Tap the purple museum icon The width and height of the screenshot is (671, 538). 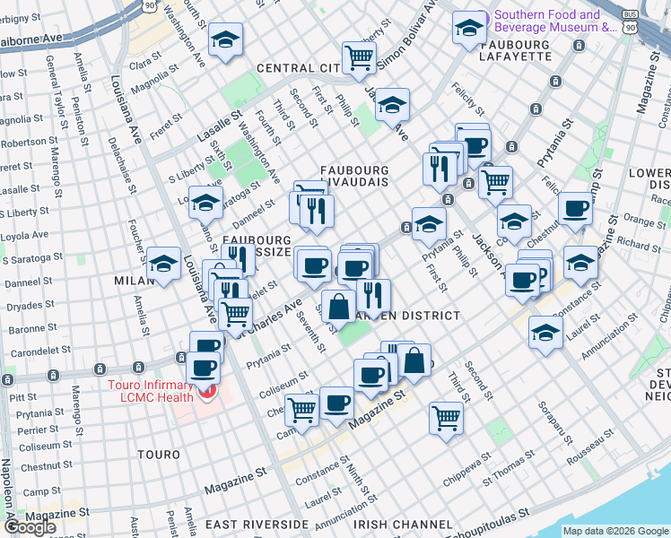pyautogui.click(x=482, y=15)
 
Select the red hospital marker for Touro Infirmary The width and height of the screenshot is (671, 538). pyautogui.click(x=208, y=393)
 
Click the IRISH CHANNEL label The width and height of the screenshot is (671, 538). pyautogui.click(x=403, y=524)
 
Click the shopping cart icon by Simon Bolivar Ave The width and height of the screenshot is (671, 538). pyautogui.click(x=360, y=57)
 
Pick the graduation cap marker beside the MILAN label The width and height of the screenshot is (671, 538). pyautogui.click(x=163, y=264)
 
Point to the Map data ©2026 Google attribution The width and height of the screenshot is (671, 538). pyautogui.click(x=615, y=530)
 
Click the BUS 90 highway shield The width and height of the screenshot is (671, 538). pyautogui.click(x=632, y=22)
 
